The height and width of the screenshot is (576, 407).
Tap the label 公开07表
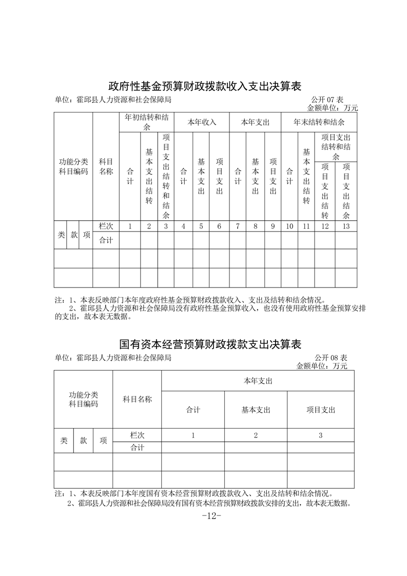pyautogui.click(x=329, y=99)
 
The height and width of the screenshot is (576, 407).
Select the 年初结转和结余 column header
pyautogui.click(x=147, y=122)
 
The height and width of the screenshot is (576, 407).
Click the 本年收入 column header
pyautogui.click(x=202, y=122)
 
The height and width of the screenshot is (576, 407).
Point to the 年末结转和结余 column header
pyautogui.click(x=319, y=122)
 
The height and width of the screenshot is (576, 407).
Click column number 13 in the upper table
pyautogui.click(x=346, y=226)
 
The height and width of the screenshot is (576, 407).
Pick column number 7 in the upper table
pyautogui.click(x=237, y=226)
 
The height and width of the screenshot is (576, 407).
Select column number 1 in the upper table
pyautogui.click(x=130, y=226)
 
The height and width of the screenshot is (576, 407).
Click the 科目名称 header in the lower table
pyautogui.click(x=137, y=399)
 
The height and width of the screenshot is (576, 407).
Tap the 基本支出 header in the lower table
pyautogui.click(x=256, y=410)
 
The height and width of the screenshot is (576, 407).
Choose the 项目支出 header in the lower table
pyautogui.click(x=321, y=410)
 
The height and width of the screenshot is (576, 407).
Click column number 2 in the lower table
pyautogui.click(x=256, y=435)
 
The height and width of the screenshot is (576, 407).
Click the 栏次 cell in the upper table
pyautogui.click(x=106, y=226)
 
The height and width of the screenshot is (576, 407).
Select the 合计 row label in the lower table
pyautogui.click(x=137, y=448)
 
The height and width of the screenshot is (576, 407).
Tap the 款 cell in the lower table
pyautogui.click(x=83, y=441)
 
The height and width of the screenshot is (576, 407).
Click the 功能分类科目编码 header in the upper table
pyautogui.click(x=73, y=166)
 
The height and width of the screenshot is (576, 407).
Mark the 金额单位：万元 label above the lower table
pyautogui.click(x=322, y=366)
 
